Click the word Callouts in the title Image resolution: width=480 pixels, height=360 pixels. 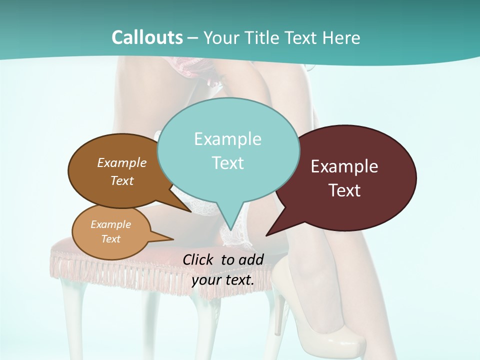(147, 37)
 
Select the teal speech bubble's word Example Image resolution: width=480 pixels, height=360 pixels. (227, 139)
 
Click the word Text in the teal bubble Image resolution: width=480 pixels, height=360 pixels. (227, 163)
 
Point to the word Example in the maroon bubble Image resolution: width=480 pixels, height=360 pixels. (344, 166)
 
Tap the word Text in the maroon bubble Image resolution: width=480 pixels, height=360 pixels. (344, 190)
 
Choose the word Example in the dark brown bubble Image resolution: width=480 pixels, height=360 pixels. (122, 162)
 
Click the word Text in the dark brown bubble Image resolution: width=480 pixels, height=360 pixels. (122, 180)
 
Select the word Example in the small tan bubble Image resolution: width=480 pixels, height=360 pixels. (110, 224)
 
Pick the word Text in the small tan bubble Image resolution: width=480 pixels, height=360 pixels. (110, 239)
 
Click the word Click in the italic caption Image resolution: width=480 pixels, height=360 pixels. (199, 259)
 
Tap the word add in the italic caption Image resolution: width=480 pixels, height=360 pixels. (251, 259)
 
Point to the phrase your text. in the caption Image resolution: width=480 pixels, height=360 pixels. (223, 280)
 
